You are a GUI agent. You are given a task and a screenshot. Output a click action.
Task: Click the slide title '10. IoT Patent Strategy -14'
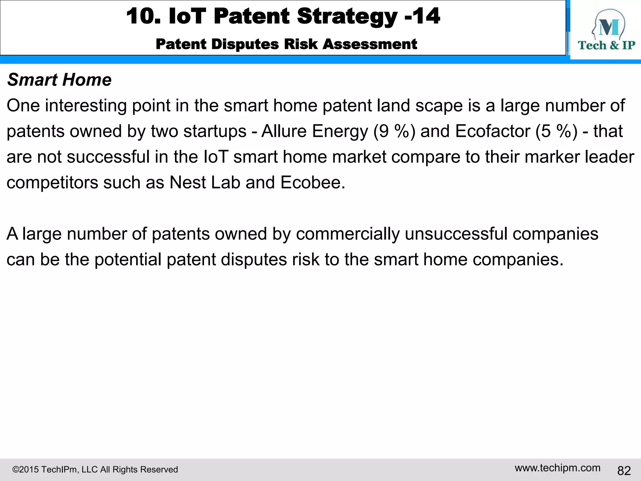283,16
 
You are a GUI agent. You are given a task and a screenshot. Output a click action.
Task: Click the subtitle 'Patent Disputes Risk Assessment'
286,44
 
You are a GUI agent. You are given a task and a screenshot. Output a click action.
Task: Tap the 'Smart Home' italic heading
59,80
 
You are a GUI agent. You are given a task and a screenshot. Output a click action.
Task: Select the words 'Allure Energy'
315,131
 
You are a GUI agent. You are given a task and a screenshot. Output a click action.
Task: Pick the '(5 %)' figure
556,131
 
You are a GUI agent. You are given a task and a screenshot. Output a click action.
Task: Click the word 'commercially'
348,234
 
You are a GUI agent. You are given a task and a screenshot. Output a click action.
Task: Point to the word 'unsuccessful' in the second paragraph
456,234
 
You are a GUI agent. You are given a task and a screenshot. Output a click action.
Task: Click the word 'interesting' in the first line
86,106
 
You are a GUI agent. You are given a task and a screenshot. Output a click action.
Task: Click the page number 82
624,471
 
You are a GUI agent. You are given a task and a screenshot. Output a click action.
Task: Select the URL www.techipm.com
557,468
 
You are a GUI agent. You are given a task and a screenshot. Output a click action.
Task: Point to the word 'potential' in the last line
128,260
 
